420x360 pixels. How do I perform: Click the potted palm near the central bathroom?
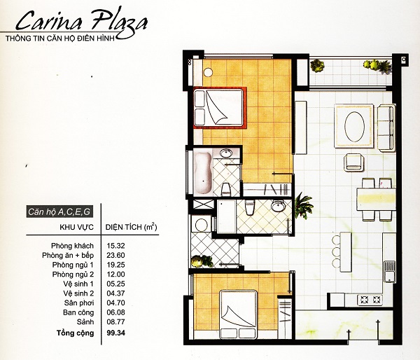pyautogui.click(x=302, y=205)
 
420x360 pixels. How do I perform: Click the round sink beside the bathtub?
pyautogui.click(x=227, y=153)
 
